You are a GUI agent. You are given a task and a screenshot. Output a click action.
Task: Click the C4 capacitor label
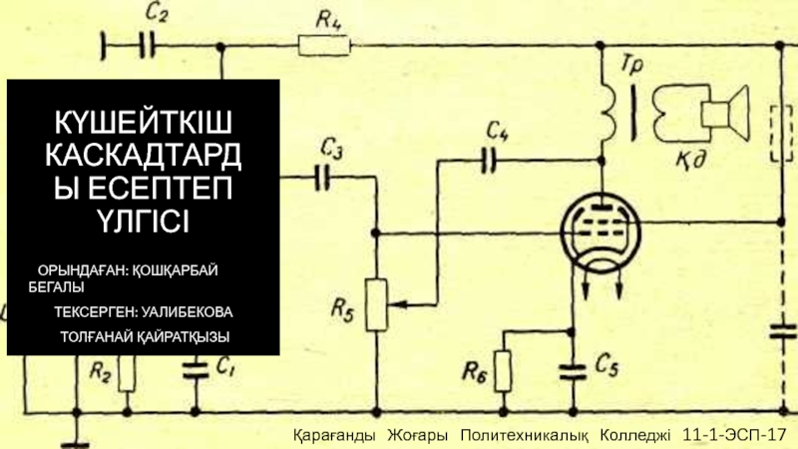(499, 130)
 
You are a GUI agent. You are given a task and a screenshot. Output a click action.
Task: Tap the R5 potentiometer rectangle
(375, 304)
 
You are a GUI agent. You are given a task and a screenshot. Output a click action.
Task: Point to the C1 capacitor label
(225, 366)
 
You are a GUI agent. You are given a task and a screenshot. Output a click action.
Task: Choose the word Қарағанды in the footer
(334, 437)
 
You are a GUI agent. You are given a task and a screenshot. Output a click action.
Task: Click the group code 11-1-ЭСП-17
(735, 437)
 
